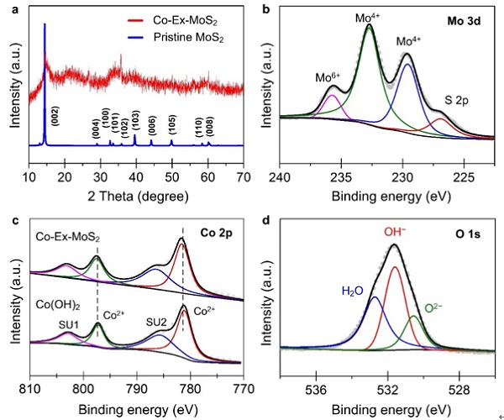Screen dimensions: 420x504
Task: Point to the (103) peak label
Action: (135, 118)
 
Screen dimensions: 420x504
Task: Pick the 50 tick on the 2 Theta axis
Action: (171, 176)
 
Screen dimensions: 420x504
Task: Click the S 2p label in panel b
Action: (460, 102)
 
